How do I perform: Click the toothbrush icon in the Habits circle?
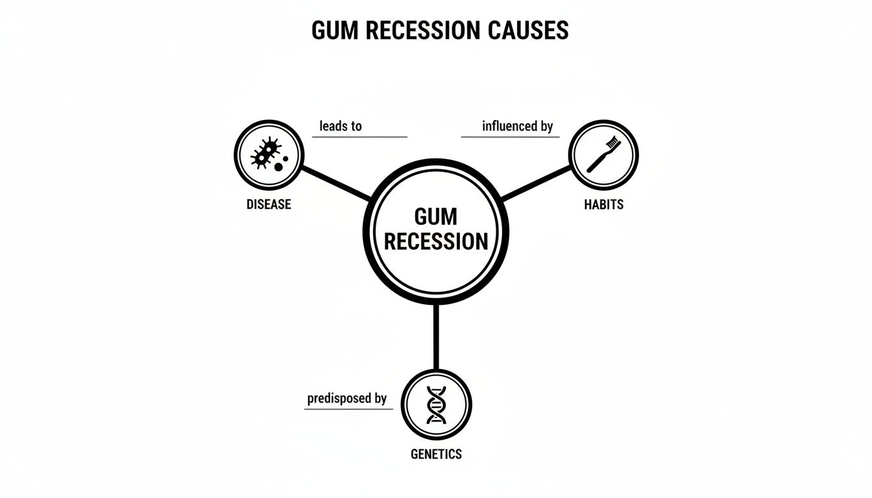pos(603,155)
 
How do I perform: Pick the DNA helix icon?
pos(436,405)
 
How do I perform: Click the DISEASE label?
pos(269,204)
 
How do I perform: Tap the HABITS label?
pos(603,204)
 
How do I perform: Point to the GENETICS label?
pos(436,454)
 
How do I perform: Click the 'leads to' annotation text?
pos(341,126)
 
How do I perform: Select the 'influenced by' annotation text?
pos(517,126)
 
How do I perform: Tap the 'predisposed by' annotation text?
pos(346,398)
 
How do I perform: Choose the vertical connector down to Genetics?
pos(436,337)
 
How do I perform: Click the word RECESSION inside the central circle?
pos(436,242)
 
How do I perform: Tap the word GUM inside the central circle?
pos(436,217)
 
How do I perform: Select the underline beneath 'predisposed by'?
pos(348,409)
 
